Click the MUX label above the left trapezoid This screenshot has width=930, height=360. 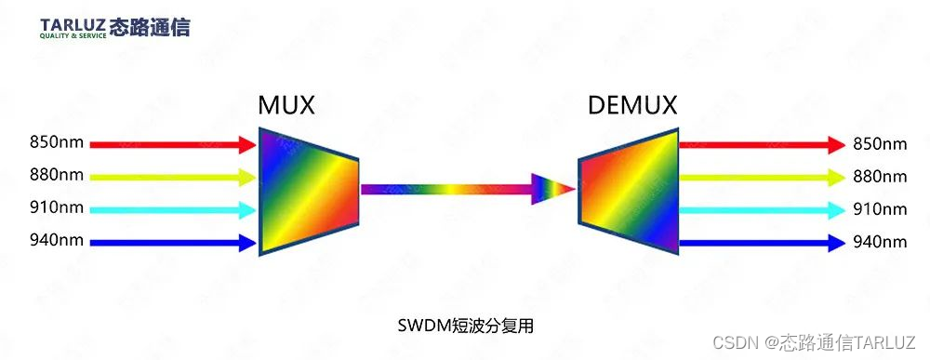click(x=286, y=106)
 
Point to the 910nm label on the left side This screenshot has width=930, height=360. click(x=56, y=207)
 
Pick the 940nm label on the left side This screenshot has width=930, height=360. click(x=56, y=240)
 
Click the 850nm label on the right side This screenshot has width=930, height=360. click(x=879, y=144)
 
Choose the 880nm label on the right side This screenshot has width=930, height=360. click(x=879, y=177)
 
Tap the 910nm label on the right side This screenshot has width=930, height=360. click(x=879, y=210)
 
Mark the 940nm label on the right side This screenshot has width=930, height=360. click(x=879, y=243)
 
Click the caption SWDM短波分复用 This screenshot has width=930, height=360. click(x=465, y=326)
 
